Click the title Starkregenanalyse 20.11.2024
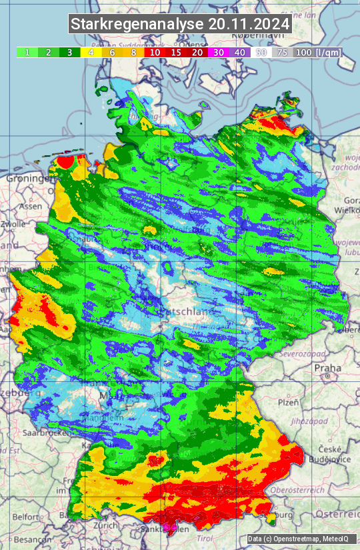point(180,25)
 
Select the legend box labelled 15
point(176,52)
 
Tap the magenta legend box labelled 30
point(218,52)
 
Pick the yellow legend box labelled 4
point(91,52)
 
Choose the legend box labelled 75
point(282,52)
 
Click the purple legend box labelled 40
point(239,52)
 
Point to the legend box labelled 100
point(303,52)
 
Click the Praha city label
point(327,367)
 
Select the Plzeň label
point(287,403)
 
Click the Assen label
point(30,207)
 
